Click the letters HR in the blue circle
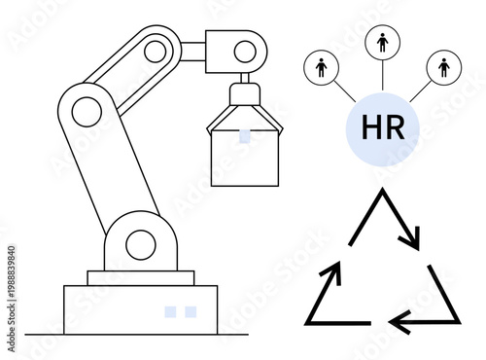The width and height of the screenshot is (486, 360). (383, 127)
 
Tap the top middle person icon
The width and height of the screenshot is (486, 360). (382, 43)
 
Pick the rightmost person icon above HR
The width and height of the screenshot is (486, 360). (444, 67)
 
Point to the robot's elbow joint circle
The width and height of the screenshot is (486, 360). (86, 112)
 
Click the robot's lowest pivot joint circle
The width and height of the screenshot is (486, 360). (140, 243)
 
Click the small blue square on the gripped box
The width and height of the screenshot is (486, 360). (245, 135)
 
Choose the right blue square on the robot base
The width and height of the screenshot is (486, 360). (191, 311)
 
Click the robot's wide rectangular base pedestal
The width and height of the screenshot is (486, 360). (140, 309)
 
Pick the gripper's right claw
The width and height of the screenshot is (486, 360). (271, 123)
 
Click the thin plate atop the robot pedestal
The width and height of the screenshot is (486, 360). (140, 277)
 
